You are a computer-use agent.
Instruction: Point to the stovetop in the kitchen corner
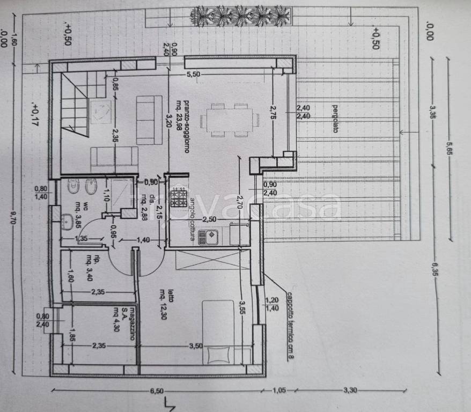click(x=178, y=193)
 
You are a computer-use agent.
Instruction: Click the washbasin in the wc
click(x=67, y=221)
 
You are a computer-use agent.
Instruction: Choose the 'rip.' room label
click(x=97, y=260)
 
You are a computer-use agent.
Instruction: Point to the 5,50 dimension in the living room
click(x=193, y=75)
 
